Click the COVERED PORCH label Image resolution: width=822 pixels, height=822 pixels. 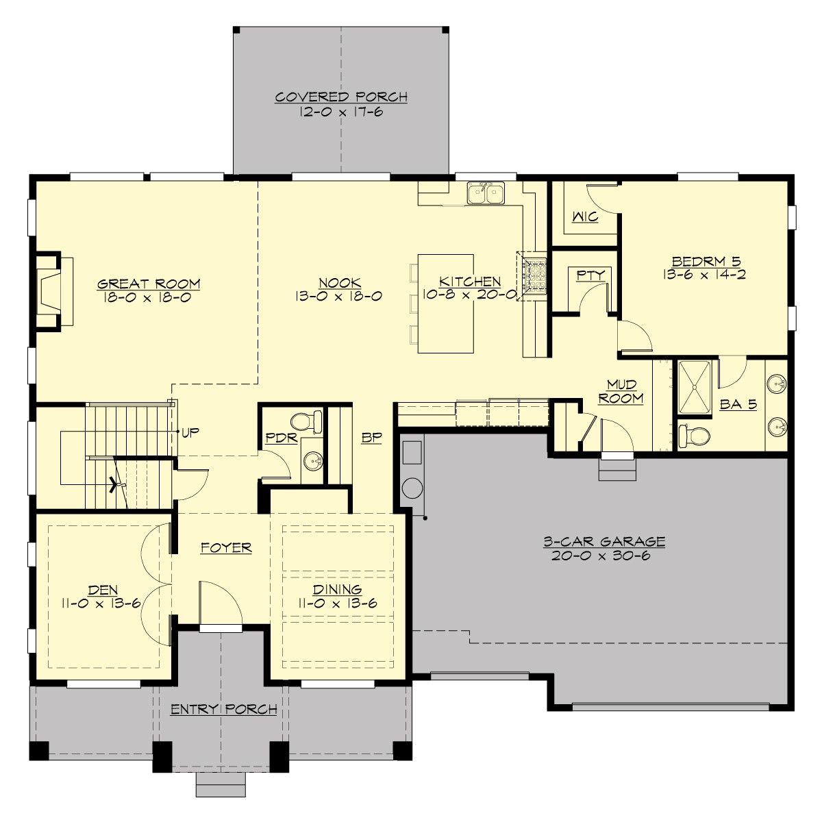click(x=341, y=97)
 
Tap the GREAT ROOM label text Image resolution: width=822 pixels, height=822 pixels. click(x=149, y=284)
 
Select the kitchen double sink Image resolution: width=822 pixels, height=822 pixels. click(x=486, y=193)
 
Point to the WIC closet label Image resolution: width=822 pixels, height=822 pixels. click(x=584, y=217)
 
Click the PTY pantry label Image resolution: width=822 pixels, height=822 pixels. click(x=590, y=275)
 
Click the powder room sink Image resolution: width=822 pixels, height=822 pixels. click(x=312, y=461)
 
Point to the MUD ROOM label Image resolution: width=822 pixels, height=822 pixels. click(x=621, y=391)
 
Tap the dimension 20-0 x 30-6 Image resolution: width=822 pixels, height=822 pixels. click(x=600, y=556)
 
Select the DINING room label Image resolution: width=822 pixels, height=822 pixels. click(x=338, y=590)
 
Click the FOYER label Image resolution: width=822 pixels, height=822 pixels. click(x=226, y=547)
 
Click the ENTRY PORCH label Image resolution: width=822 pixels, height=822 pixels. click(x=223, y=709)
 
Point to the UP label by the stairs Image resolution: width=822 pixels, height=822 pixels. click(x=189, y=432)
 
